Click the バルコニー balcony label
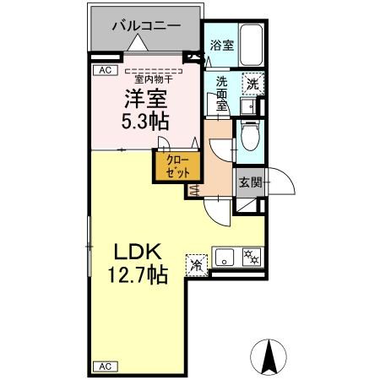click(147, 26)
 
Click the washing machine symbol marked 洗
click(251, 84)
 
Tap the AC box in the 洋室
click(105, 71)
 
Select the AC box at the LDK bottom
click(105, 366)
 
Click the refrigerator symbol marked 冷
click(196, 263)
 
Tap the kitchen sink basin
click(225, 256)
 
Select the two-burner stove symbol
click(250, 256)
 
